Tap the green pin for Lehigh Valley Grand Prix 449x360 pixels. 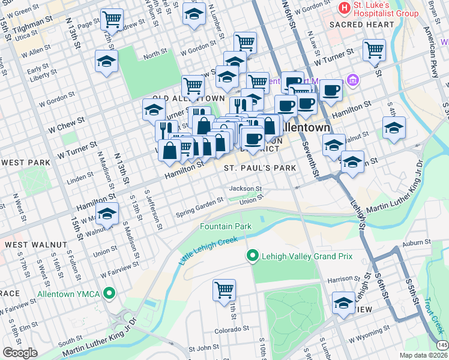[x=252, y=256]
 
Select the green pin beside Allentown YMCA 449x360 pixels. [x=109, y=294]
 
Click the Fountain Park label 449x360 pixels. [x=225, y=226]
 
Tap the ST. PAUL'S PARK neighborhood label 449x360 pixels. [x=260, y=168]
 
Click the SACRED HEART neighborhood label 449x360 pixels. [x=362, y=25]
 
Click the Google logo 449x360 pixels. [x=19, y=352]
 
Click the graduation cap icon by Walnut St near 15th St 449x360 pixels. [x=107, y=214]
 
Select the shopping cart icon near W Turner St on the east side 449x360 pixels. [x=374, y=50]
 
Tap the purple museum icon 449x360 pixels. [x=352, y=80]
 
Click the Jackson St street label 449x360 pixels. [x=246, y=188]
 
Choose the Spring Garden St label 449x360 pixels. [x=200, y=209]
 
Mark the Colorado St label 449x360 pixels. [x=232, y=329]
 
